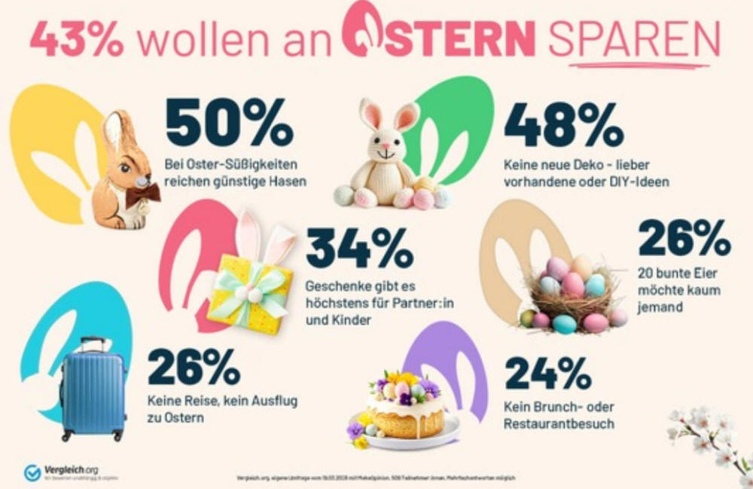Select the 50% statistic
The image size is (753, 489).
(229, 122)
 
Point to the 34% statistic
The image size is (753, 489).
(358, 249)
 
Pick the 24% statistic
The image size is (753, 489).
(547, 374)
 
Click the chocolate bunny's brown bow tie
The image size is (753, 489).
(142, 194)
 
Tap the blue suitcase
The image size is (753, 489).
(92, 388)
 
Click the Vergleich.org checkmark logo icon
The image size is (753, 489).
(32, 472)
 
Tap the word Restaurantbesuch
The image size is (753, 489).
(559, 423)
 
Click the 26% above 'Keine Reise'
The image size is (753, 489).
(193, 367)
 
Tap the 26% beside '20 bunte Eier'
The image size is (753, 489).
(684, 239)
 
